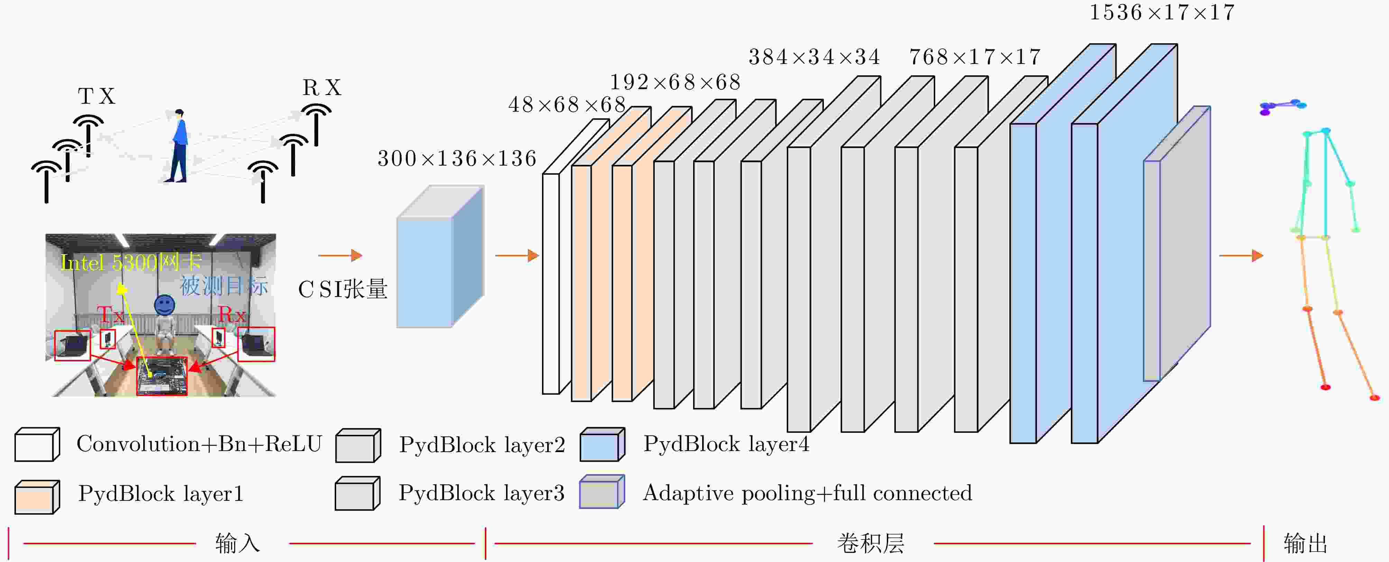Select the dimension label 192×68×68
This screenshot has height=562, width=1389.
point(675,83)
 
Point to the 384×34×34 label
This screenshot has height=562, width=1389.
point(814,57)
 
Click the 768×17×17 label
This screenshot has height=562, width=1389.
point(975,57)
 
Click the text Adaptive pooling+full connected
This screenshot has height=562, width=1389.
point(807,493)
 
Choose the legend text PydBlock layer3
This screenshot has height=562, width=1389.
point(481,493)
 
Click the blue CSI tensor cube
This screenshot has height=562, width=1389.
point(440,257)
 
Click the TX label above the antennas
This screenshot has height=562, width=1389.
point(96,96)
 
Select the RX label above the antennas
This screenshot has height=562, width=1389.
point(322,88)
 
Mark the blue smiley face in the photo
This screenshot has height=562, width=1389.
point(164,305)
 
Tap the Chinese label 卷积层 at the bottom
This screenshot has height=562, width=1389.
point(870,543)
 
